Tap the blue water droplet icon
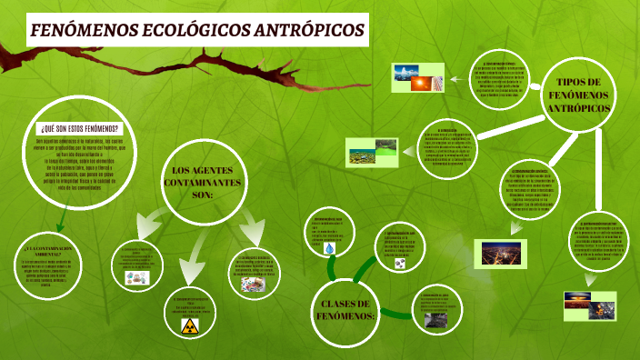340,247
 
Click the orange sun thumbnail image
423,84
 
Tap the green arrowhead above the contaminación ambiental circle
56,226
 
